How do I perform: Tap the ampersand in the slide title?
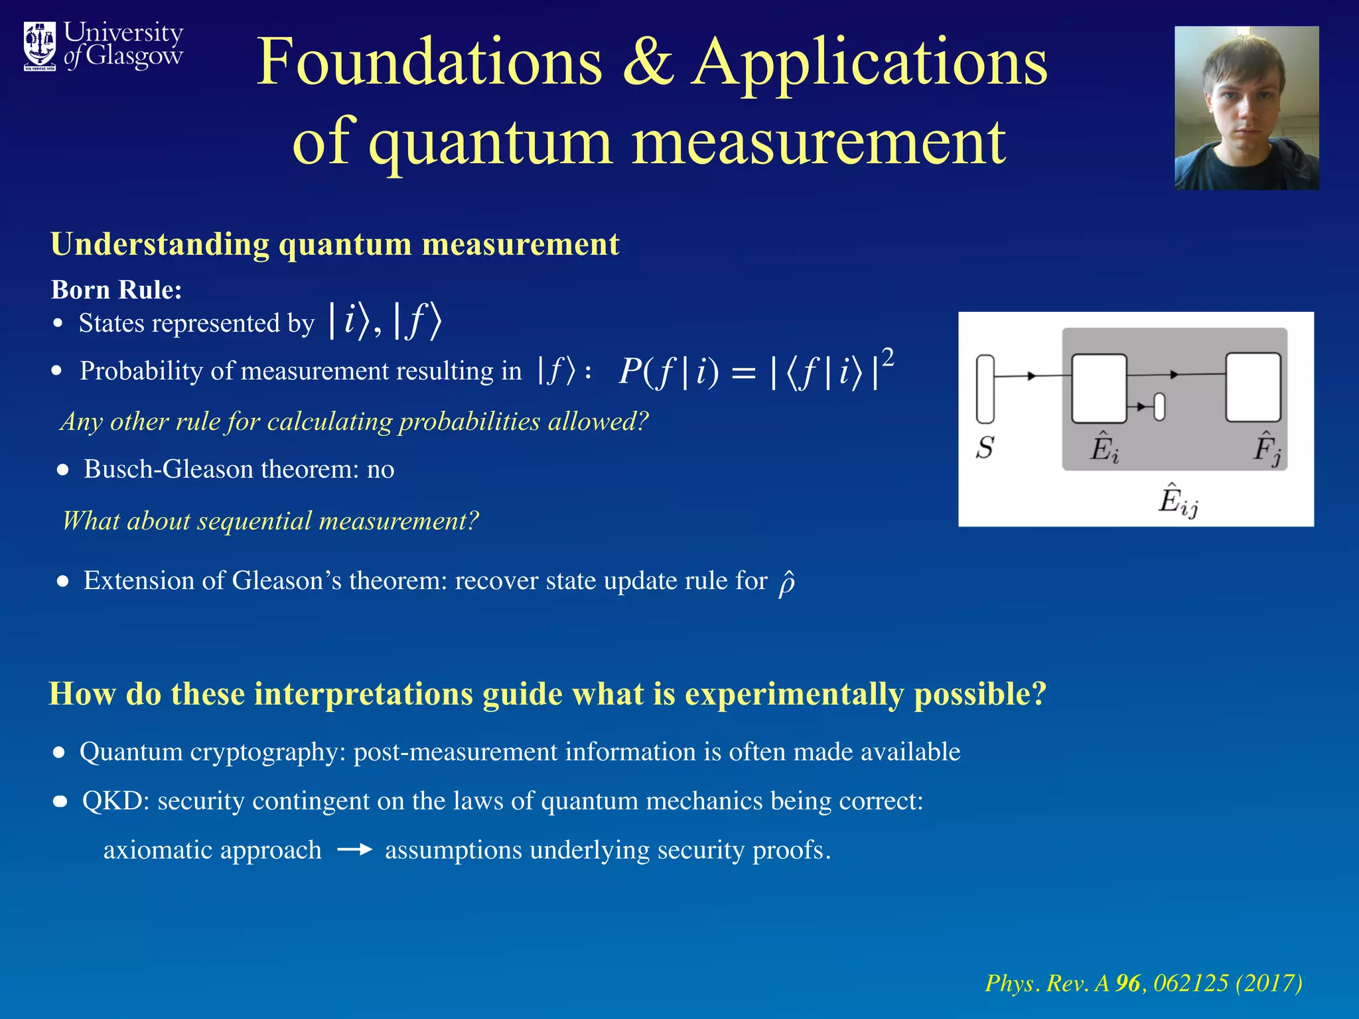click(648, 63)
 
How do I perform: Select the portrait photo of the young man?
click(1246, 108)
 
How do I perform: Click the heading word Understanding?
click(160, 244)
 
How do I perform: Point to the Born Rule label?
click(116, 290)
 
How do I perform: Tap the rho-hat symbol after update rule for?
click(786, 583)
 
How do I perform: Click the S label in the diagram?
click(985, 448)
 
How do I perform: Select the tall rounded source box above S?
click(985, 389)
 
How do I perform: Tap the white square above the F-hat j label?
click(1253, 387)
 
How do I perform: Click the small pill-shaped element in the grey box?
click(1159, 407)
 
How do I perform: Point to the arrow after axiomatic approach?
click(354, 850)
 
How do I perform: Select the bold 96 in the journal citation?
click(1128, 983)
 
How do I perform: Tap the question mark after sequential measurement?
click(472, 521)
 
